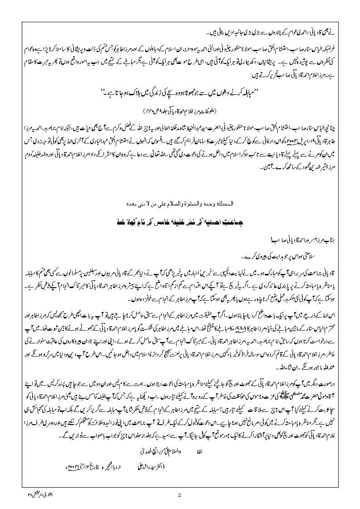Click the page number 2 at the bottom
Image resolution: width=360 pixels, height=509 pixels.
click(180, 495)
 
